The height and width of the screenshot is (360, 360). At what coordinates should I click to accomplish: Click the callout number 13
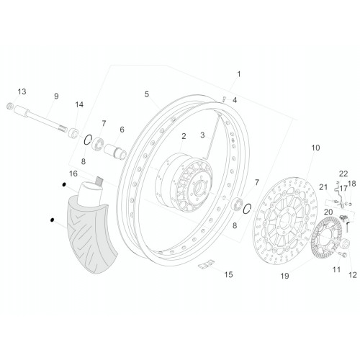tap(22, 91)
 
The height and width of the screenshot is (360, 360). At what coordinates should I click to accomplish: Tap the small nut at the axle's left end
tap(9, 106)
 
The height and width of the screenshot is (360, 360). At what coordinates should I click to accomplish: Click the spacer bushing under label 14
tap(73, 133)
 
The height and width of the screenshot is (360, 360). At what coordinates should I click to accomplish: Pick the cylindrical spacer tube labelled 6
tap(115, 151)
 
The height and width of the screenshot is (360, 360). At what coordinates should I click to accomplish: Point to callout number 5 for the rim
tap(147, 94)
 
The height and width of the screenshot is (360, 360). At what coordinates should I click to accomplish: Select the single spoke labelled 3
tap(212, 136)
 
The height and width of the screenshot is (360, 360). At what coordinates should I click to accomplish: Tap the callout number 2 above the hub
tap(184, 136)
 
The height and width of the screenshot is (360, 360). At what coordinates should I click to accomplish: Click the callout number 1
tap(238, 74)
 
